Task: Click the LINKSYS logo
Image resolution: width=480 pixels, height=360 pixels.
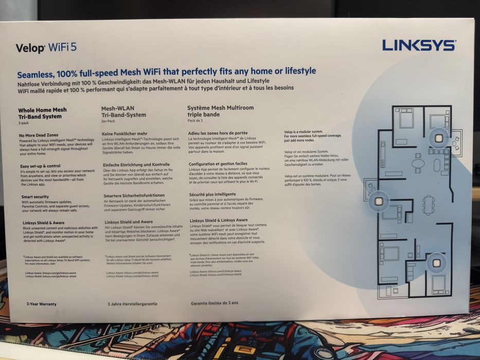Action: [418, 45]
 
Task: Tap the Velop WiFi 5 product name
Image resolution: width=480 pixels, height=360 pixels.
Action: [46, 48]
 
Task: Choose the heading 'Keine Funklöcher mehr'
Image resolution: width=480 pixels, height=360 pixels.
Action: [125, 134]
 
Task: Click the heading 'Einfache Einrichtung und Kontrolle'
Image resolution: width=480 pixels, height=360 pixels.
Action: [136, 165]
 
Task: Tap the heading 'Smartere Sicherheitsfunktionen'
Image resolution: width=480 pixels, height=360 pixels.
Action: [134, 195]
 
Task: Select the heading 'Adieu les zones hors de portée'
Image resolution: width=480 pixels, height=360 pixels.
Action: [218, 133]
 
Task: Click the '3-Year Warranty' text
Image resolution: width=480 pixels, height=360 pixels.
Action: [42, 304]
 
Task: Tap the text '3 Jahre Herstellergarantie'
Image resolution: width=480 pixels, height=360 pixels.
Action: [132, 304]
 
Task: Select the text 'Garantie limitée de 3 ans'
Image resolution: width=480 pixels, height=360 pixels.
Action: [215, 303]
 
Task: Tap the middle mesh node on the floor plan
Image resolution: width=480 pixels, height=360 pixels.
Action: [380, 200]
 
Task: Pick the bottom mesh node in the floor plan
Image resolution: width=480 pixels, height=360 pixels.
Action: [435, 262]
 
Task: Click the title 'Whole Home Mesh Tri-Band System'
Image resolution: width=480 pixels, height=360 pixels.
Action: [42, 113]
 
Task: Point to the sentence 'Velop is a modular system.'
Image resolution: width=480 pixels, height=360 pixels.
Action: [304, 132]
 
